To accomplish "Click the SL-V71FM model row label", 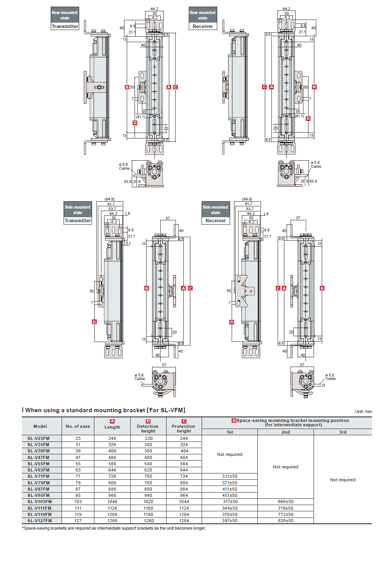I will pos(39,476).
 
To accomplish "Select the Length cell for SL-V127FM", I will pos(112,521).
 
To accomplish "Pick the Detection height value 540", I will pos(148,464).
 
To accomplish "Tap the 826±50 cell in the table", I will pos(285,521).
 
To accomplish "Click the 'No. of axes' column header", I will pos(78,426).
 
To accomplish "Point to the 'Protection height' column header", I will pos(184,428).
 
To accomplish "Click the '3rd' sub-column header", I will pos(342,432).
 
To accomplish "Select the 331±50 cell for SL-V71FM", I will pos(230,476).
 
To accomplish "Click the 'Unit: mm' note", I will pos(363,411).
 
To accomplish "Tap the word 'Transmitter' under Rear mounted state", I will pos(65,27).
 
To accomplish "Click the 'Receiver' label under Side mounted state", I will pos(216,221).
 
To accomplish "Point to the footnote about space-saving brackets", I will pos(114,528).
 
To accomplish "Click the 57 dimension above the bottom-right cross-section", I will pos(302,365).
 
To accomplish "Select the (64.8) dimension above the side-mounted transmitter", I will pos(110,199).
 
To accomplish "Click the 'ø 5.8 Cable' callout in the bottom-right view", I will pos(330,377).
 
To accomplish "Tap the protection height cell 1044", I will pos(184,502).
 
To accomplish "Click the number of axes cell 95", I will pos(78,495).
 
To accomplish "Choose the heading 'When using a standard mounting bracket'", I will pos(105,410).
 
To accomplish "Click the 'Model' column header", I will pos(40,426).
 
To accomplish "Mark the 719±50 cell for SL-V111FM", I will pos(285,508).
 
